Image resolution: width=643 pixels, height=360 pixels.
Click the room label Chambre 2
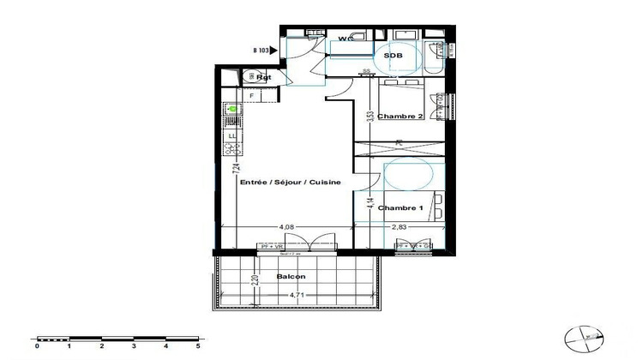[x=401, y=117]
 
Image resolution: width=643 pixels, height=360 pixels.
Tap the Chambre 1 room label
[x=400, y=208]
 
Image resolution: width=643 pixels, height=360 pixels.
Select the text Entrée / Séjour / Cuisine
[x=291, y=183]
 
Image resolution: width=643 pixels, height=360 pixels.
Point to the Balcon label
[x=292, y=277]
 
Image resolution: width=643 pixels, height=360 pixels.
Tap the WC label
[x=346, y=39]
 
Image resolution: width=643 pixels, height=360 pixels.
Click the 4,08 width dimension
[x=283, y=227]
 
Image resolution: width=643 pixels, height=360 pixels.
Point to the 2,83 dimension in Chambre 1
[x=400, y=227]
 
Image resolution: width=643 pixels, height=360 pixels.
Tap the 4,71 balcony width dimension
[x=297, y=296]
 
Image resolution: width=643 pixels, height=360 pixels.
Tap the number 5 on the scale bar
[x=198, y=347]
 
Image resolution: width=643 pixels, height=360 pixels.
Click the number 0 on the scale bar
[x=37, y=347]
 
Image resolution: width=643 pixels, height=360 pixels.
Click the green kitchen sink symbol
[x=231, y=110]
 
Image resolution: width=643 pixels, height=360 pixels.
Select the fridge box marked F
[x=228, y=95]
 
